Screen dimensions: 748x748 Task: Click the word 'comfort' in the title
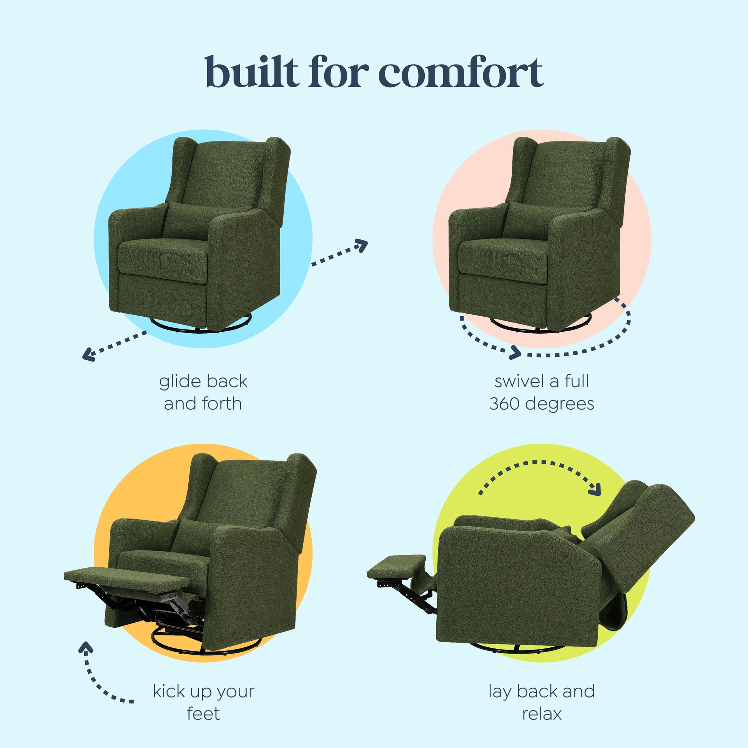[x=460, y=72]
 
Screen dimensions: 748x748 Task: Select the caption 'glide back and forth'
[x=203, y=392]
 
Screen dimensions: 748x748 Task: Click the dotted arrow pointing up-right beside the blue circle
[x=339, y=252]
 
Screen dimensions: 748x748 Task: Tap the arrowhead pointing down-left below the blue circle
[x=89, y=354]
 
